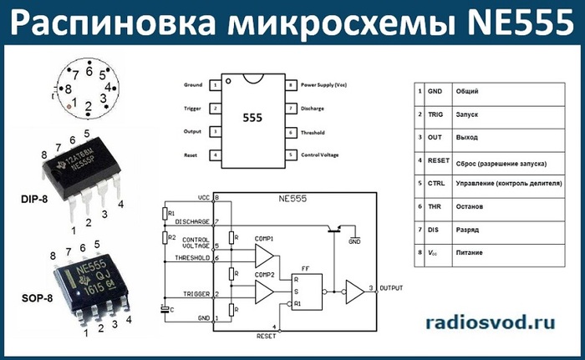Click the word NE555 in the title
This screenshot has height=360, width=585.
(506, 24)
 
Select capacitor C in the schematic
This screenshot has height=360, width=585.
(167, 309)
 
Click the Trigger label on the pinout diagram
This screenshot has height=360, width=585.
(192, 108)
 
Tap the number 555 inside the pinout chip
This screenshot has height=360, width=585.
(252, 119)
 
